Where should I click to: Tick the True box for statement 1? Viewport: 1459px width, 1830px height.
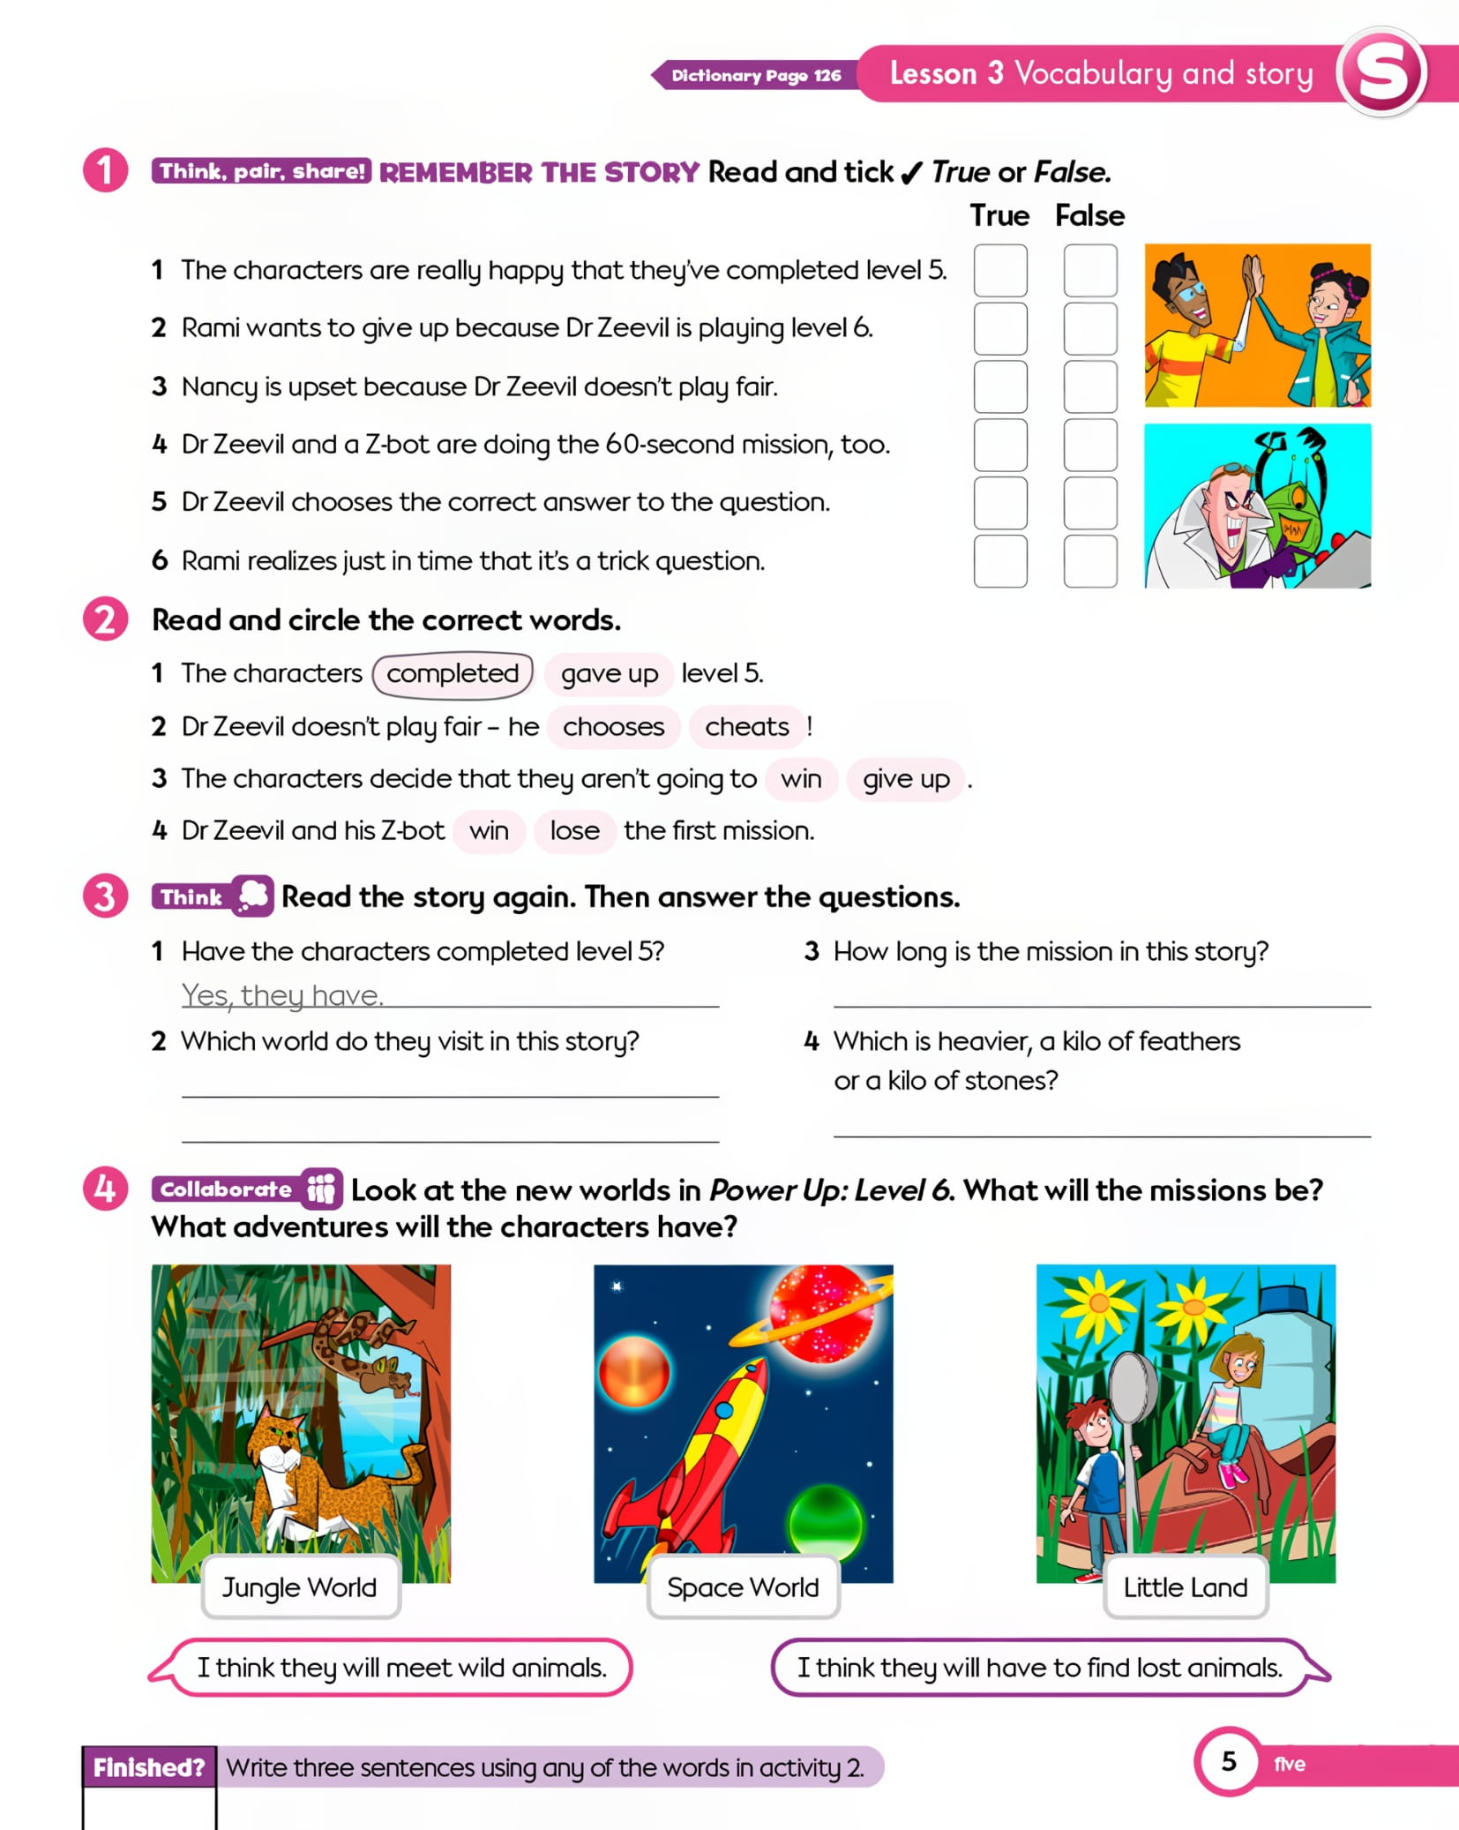pyautogui.click(x=1000, y=270)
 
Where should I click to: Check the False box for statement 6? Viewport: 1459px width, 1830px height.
pyautogui.click(x=1090, y=560)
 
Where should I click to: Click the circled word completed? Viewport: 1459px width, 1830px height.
pyautogui.click(x=453, y=674)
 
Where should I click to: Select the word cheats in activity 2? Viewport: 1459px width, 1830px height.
pyautogui.click(x=747, y=726)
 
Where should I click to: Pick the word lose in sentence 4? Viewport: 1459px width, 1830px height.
pyautogui.click(x=575, y=831)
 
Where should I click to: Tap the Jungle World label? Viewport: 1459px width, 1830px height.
pyautogui.click(x=300, y=1587)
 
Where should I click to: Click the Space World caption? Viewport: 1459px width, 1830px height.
pyautogui.click(x=743, y=1587)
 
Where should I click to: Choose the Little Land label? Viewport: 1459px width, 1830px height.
pyautogui.click(x=1186, y=1587)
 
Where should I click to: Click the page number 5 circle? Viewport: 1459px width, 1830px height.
pyautogui.click(x=1229, y=1761)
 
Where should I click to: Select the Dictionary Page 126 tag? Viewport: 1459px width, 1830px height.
pyautogui.click(x=755, y=75)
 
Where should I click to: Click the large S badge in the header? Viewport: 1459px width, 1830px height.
pyautogui.click(x=1381, y=72)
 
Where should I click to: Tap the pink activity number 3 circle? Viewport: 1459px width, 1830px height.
pyautogui.click(x=106, y=896)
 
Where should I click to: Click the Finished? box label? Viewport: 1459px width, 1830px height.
pyautogui.click(x=149, y=1767)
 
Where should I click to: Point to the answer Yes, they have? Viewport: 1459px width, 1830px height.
pyautogui.click(x=282, y=995)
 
